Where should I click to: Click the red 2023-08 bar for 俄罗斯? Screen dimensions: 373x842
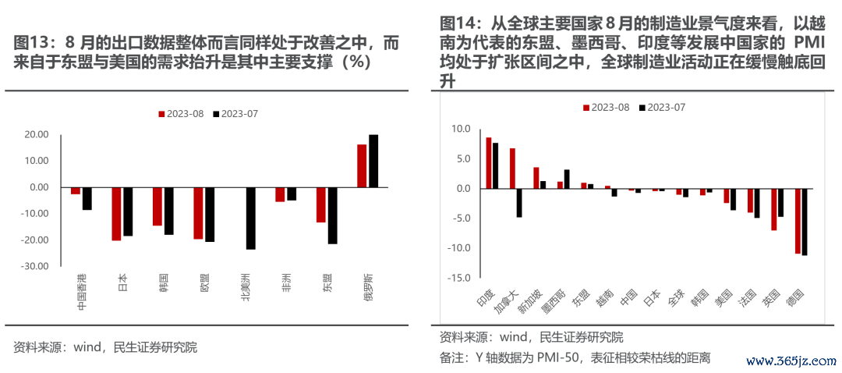(362, 165)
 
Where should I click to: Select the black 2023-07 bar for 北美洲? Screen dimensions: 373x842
(250, 218)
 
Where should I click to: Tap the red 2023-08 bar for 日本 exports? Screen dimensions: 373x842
(116, 214)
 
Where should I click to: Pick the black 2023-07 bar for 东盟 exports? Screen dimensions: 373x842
(333, 215)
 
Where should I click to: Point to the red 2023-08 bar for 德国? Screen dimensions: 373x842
(798, 221)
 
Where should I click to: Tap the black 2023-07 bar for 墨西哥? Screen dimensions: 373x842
(567, 179)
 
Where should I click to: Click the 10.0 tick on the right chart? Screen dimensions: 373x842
(459, 129)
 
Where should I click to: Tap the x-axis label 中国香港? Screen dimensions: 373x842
(81, 295)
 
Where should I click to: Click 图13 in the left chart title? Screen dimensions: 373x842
(32, 44)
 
